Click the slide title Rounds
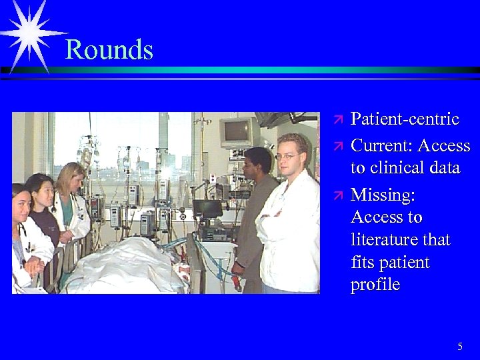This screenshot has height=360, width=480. [109, 50]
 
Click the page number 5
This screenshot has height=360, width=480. [460, 346]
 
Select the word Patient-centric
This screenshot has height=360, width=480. [405, 119]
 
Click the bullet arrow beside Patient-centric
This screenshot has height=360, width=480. [338, 120]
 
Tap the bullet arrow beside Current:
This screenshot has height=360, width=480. [338, 146]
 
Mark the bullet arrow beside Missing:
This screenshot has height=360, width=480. [338, 195]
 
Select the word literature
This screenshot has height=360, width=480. [400, 239]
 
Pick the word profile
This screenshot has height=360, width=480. [375, 285]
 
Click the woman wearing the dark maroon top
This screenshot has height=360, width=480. [43, 213]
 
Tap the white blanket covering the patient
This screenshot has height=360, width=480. [127, 267]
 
